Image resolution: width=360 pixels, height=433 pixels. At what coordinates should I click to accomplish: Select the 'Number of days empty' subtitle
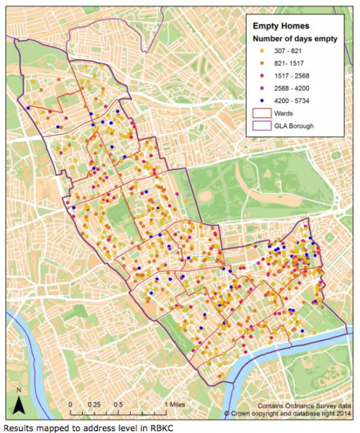(295, 39)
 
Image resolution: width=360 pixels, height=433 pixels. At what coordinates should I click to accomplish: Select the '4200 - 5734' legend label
(291, 100)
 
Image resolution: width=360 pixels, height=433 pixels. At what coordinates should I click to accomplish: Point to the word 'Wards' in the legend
(283, 113)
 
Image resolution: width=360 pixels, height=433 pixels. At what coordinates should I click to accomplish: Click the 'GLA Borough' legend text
(294, 126)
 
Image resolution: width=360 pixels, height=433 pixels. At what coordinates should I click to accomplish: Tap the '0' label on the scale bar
(70, 404)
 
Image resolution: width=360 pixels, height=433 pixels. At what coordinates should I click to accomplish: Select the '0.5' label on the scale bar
(118, 404)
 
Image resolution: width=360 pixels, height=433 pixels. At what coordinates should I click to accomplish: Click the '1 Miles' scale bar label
(173, 404)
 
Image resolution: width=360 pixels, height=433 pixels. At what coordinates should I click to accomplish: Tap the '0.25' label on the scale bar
(94, 404)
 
